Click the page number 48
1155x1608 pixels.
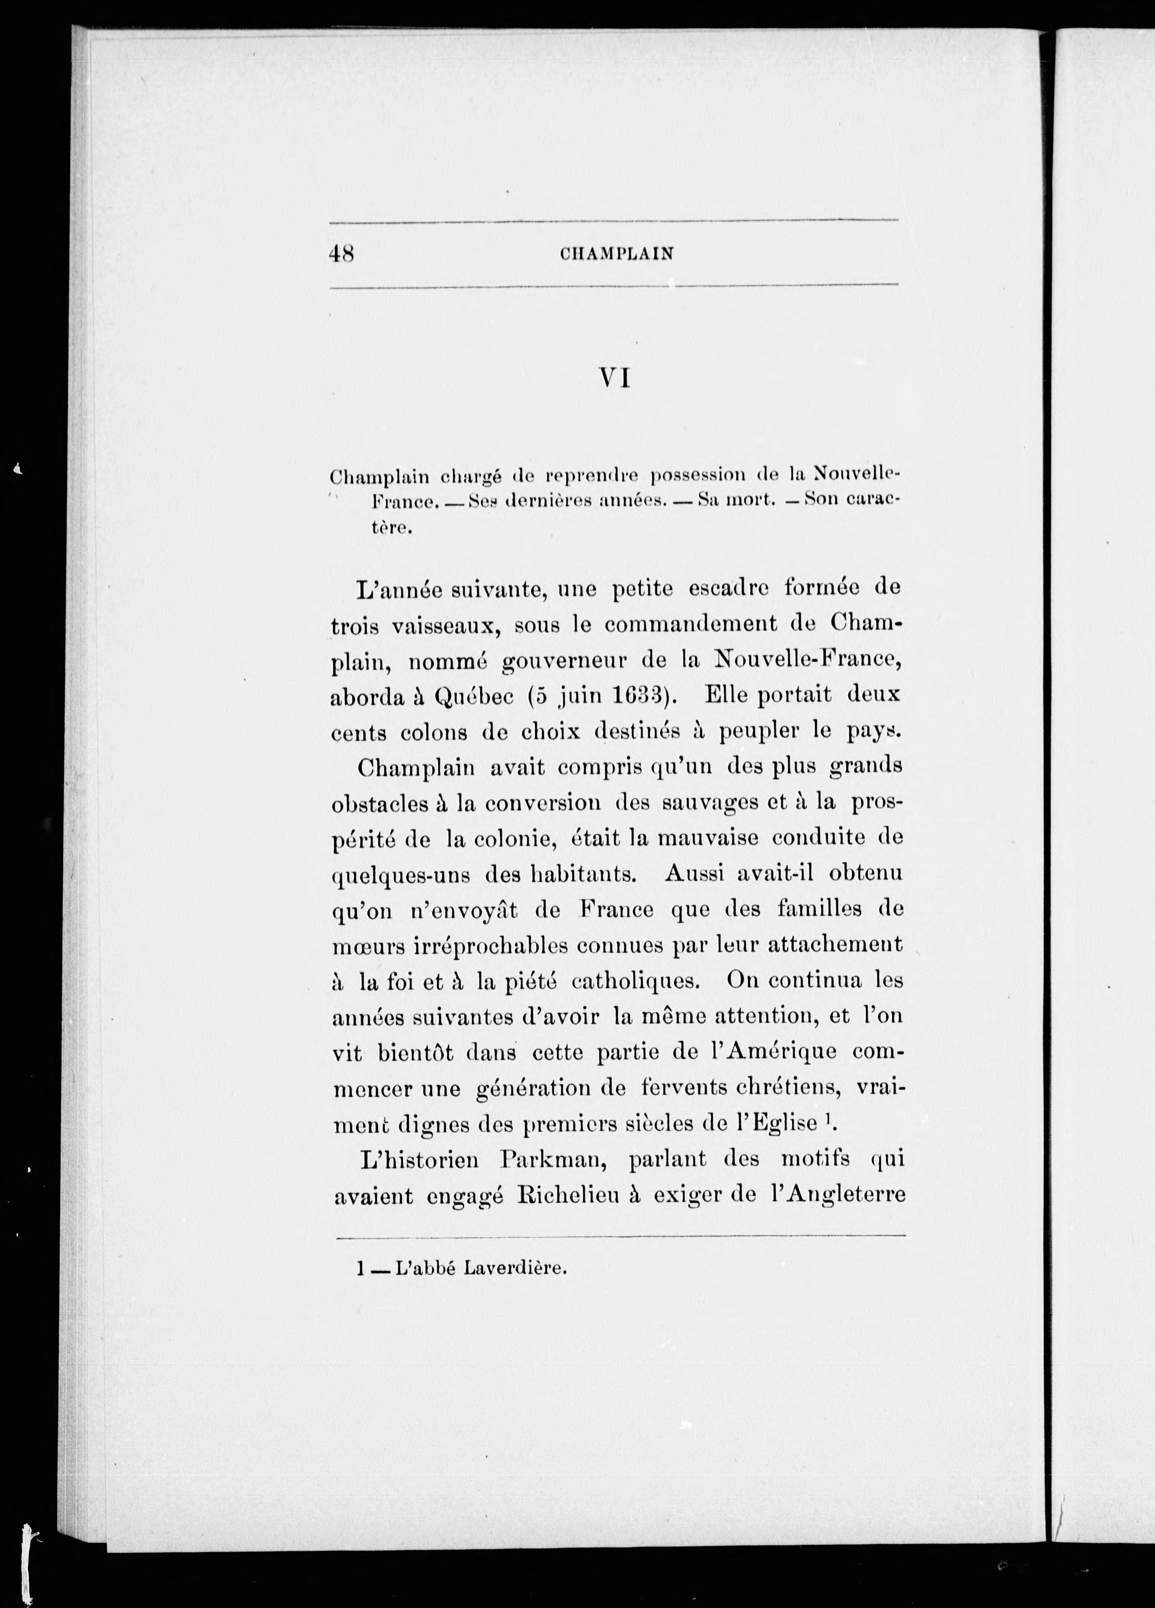pyautogui.click(x=342, y=253)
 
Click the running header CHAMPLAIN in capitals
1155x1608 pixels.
pyautogui.click(x=616, y=254)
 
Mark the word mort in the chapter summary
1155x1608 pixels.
pyautogui.click(x=742, y=500)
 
